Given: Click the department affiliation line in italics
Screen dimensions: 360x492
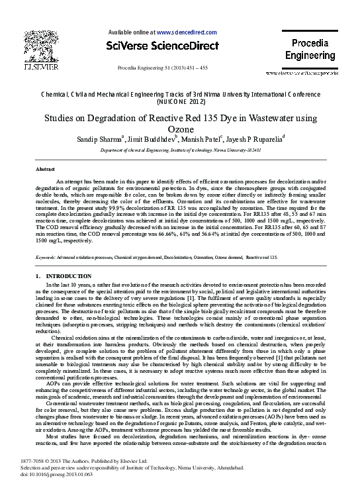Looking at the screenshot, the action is coord(181,151).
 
